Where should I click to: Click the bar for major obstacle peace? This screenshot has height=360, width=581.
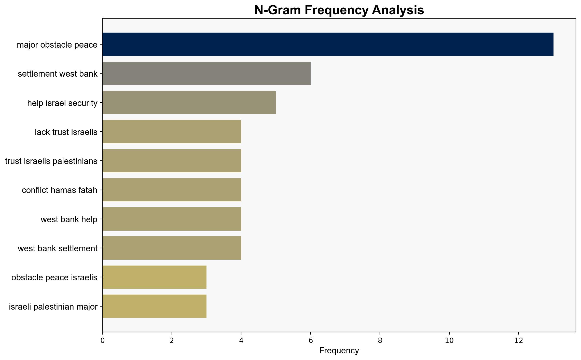point(328,44)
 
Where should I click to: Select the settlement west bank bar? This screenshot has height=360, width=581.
point(206,73)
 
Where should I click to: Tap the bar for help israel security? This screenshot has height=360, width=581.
point(189,103)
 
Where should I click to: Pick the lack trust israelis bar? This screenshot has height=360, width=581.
point(172,132)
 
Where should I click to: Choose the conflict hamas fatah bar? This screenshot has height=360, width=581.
point(172,190)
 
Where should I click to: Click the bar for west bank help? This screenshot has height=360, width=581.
point(172,219)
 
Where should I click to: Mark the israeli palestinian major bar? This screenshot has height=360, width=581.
point(154,306)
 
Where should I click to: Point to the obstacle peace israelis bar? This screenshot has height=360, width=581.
point(154,277)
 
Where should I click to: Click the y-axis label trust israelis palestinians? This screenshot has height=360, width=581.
point(51,161)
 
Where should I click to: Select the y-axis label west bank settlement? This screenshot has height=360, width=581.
point(58,248)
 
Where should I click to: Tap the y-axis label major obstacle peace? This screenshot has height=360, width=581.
point(57,45)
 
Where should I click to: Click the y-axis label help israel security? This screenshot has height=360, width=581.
point(62,103)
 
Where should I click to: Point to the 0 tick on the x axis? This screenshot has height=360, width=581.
point(102,340)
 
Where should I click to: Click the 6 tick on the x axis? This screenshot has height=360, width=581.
point(311,340)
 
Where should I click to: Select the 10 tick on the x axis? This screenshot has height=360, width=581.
point(449,340)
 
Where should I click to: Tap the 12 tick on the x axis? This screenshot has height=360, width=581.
point(519,340)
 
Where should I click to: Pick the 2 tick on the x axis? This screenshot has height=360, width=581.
point(172,340)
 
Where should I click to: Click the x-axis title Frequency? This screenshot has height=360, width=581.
point(339,351)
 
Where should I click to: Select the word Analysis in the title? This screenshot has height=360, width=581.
point(398,11)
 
